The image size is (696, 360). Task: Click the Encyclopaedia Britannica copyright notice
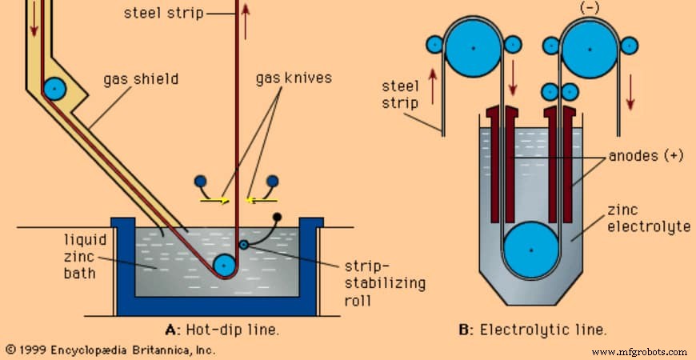110,350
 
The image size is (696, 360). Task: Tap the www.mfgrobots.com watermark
639,351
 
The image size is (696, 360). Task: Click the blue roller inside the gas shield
55,88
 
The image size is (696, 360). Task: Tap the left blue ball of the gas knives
200,182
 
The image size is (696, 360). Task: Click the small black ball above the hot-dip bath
277,217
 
